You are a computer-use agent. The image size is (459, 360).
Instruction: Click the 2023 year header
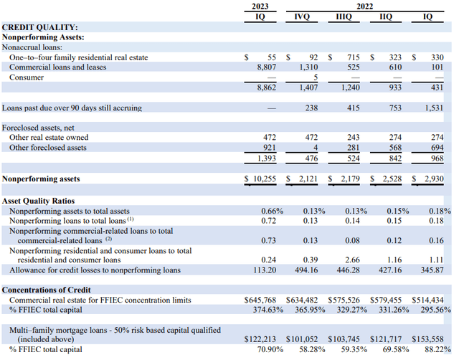pyautogui.click(x=260, y=6)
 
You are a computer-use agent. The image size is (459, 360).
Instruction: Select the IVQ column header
pyautogui.click(x=302, y=16)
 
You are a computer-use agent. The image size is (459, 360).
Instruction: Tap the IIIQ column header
pyautogui.click(x=344, y=16)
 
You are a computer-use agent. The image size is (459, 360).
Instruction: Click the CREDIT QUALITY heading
pyautogui.click(x=40, y=27)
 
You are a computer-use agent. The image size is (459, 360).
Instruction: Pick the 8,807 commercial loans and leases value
pyautogui.click(x=266, y=67)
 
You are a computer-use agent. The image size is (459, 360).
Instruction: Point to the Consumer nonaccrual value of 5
pyautogui.click(x=316, y=77)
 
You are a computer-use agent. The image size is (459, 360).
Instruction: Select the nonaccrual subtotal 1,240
pyautogui.click(x=351, y=87)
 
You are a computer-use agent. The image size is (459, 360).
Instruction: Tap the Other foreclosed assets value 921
pyautogui.click(x=270, y=147)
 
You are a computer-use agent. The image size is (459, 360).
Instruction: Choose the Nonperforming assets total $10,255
pyautogui.click(x=260, y=179)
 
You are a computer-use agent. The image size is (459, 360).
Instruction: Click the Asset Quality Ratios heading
pyautogui.click(x=38, y=201)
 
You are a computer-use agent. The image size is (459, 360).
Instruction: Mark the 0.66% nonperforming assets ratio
pyautogui.click(x=273, y=211)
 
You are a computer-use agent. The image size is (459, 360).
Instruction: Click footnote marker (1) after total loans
pyautogui.click(x=131, y=219)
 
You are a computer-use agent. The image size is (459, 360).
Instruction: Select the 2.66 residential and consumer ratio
pyautogui.click(x=352, y=260)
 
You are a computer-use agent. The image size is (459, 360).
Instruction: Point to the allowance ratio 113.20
pyautogui.click(x=265, y=270)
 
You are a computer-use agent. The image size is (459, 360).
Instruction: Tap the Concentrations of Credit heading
pyautogui.click(x=46, y=290)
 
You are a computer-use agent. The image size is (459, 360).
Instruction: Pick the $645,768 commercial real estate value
pyautogui.click(x=260, y=300)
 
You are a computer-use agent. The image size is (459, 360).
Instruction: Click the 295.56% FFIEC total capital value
pyautogui.click(x=436, y=310)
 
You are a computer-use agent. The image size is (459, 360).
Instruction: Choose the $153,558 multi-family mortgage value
pyautogui.click(x=427, y=339)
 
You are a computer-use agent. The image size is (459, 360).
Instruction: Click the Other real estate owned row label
pyautogui.click(x=49, y=137)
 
